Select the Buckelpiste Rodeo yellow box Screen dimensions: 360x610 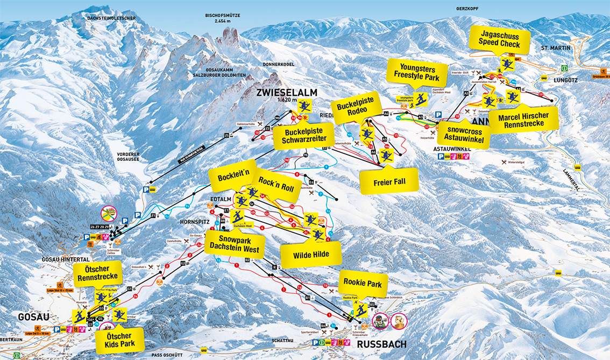tap(356, 105)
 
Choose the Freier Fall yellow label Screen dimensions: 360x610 tap(389, 182)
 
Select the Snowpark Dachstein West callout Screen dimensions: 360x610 tap(235, 245)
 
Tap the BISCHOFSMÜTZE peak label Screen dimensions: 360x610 tap(223, 18)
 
